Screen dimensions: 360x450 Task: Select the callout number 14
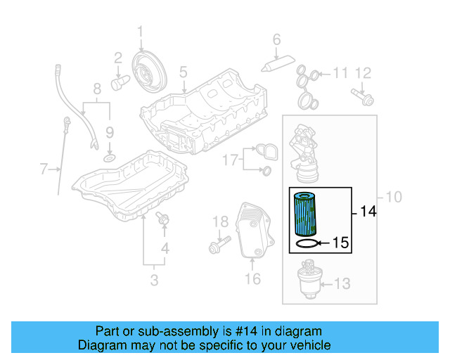[x=368, y=211]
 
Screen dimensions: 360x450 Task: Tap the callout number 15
[x=340, y=244]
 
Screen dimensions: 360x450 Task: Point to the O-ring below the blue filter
[x=305, y=244]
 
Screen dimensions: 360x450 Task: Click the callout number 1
[x=140, y=31]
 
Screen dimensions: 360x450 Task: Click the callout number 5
[x=183, y=72]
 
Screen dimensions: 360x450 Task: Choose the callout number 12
[x=362, y=72]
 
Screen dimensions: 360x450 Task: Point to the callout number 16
[x=252, y=279]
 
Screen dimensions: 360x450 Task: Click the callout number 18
[x=221, y=222]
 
